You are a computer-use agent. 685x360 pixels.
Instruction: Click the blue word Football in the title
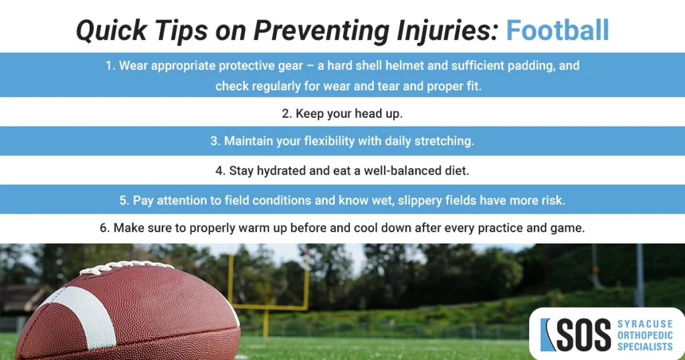tap(557, 31)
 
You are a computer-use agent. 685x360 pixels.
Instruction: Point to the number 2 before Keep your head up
tap(285, 114)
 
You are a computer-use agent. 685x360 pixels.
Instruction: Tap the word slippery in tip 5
tap(435, 200)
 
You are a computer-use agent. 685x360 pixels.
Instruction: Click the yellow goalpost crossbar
tap(268, 308)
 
